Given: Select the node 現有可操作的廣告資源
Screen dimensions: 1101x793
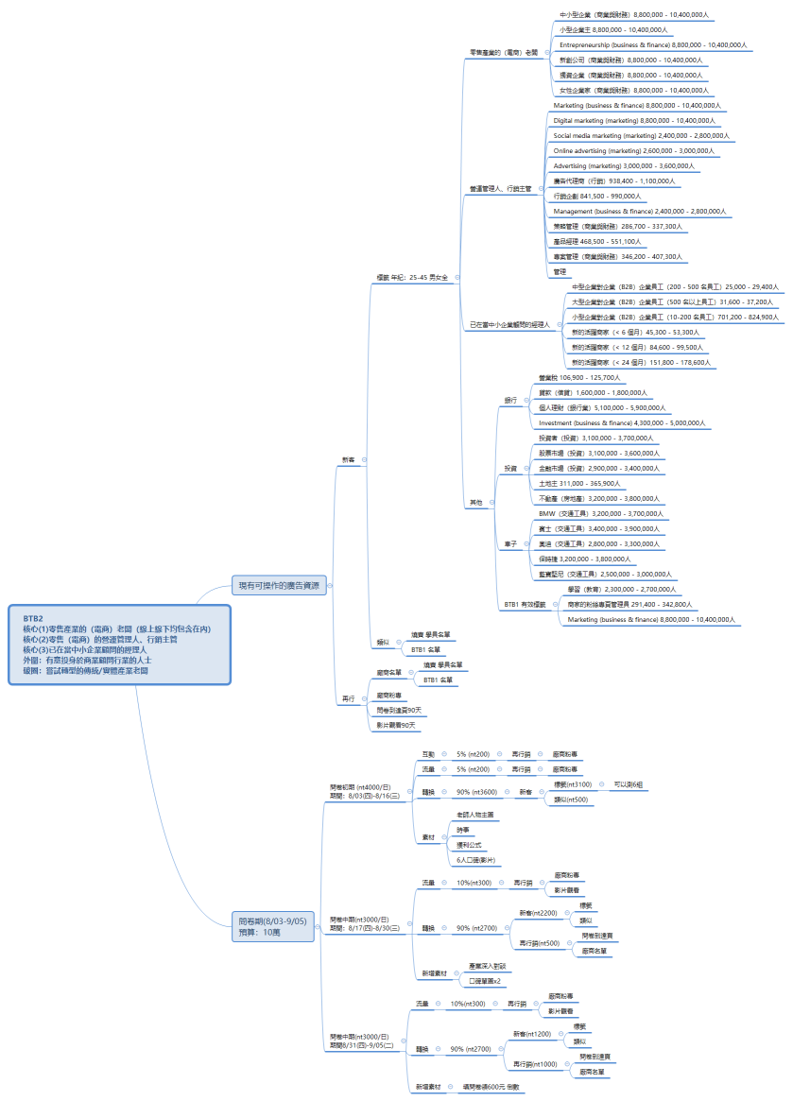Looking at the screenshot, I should point(279,586).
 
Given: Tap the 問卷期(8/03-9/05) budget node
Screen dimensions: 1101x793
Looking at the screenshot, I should point(273,926).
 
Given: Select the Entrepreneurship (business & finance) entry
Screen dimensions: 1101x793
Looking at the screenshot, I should point(653,44).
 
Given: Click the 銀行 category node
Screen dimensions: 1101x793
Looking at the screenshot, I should point(510,401).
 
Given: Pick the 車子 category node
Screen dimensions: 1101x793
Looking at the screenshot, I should point(510,544).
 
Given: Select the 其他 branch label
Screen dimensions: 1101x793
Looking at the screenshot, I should point(476,503).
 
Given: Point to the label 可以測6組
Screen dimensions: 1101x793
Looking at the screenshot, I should point(629,784).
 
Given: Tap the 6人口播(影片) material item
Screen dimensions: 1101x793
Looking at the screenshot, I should point(477,860).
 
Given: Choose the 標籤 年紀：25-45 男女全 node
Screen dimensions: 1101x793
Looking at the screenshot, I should point(412,278).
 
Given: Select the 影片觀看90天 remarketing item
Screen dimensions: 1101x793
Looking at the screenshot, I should point(396,725).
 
